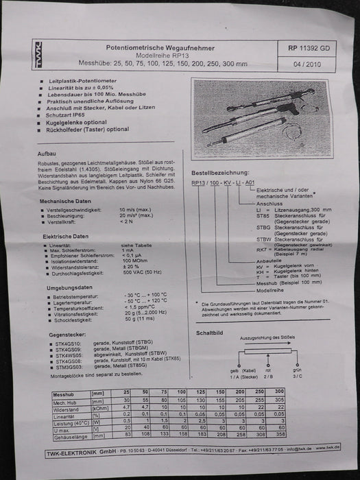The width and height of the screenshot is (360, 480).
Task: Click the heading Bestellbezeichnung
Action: [220, 174]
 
